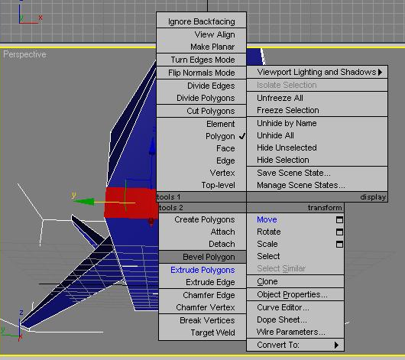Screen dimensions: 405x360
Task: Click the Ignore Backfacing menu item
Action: pyautogui.click(x=202, y=21)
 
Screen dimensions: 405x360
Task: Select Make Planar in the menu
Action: pyautogui.click(x=212, y=47)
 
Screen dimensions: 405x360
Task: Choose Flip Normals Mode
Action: pyautogui.click(x=202, y=73)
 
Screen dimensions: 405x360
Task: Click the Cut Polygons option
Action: pyautogui.click(x=211, y=111)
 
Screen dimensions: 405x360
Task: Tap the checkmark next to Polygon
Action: pyautogui.click(x=242, y=136)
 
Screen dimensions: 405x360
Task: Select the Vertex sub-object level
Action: pyautogui.click(x=222, y=173)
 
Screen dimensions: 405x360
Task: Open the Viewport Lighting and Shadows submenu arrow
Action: pyautogui.click(x=381, y=72)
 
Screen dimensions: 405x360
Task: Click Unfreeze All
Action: pyautogui.click(x=280, y=98)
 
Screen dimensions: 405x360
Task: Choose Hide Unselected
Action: pyautogui.click(x=287, y=148)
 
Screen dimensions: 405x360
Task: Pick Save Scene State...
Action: pyautogui.click(x=293, y=173)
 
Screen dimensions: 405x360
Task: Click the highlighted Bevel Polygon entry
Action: pyautogui.click(x=209, y=257)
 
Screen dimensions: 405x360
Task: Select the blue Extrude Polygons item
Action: pyautogui.click(x=202, y=270)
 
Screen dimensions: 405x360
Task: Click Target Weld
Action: pyautogui.click(x=213, y=332)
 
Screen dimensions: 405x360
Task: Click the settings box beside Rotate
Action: pyautogui.click(x=339, y=232)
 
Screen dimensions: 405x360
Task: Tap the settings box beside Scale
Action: pyautogui.click(x=339, y=244)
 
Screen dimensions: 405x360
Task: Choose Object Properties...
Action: pyautogui.click(x=292, y=294)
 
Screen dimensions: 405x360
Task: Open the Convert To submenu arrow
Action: pyautogui.click(x=336, y=345)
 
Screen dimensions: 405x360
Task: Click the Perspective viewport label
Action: pyautogui.click(x=24, y=54)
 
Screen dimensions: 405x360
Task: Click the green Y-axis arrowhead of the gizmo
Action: pyautogui.click(x=84, y=202)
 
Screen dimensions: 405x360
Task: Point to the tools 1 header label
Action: pyautogui.click(x=169, y=197)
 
